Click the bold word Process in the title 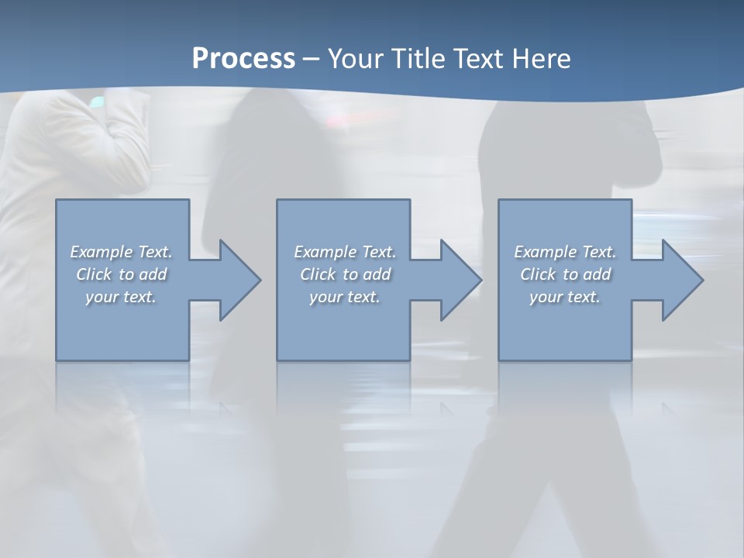[x=243, y=59]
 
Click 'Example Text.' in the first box [x=122, y=252]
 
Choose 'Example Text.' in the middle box [x=345, y=252]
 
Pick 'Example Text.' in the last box [x=565, y=252]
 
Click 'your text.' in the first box [x=121, y=297]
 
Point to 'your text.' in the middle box [x=344, y=297]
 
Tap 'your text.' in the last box [x=564, y=297]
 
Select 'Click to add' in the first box [x=122, y=274]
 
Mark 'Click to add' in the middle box [x=345, y=274]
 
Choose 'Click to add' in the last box [x=565, y=274]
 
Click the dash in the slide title [x=312, y=59]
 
